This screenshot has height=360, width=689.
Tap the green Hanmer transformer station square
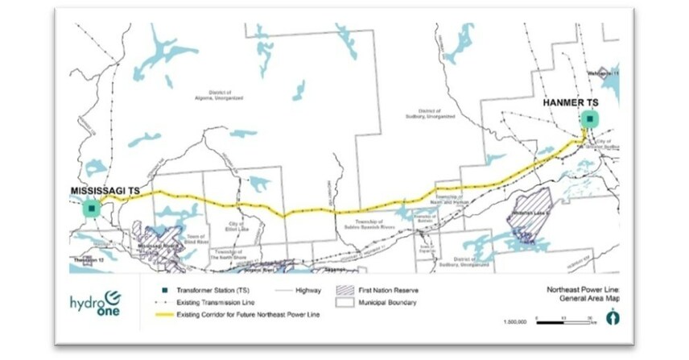tap(590, 120)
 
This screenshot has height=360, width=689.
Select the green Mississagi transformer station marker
tap(93, 208)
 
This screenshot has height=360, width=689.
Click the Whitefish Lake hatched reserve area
tap(533, 213)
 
